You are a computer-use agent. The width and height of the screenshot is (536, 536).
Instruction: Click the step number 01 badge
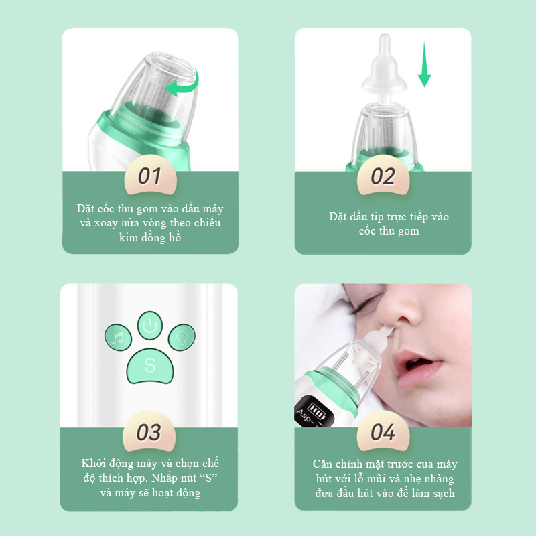click(x=150, y=176)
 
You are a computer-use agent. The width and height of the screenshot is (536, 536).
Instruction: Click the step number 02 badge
click(x=383, y=176)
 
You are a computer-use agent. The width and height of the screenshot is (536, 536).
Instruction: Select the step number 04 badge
click(x=383, y=431)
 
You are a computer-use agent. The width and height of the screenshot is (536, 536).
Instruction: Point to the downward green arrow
click(x=425, y=64)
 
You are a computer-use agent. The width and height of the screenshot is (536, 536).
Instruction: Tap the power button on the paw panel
click(x=149, y=326)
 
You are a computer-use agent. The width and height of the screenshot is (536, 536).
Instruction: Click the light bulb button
click(x=182, y=338)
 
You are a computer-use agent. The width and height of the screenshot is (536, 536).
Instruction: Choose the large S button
click(x=150, y=366)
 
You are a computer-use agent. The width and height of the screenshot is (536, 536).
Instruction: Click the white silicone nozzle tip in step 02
click(x=385, y=68)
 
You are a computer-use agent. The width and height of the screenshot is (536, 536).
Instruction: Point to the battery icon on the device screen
click(x=316, y=410)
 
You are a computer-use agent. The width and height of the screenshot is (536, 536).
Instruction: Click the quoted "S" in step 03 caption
click(x=208, y=478)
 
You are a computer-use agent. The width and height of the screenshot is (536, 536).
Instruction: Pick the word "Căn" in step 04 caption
click(x=322, y=464)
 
